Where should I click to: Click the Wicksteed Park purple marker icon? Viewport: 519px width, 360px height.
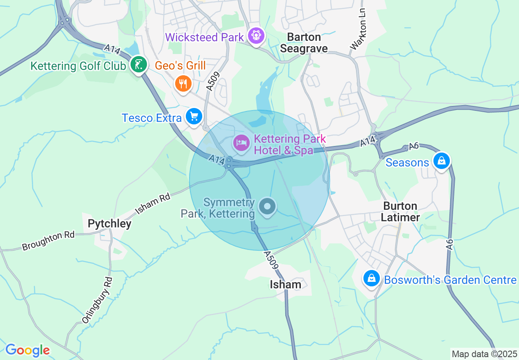pyautogui.click(x=256, y=36)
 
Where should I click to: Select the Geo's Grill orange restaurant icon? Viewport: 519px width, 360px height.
pyautogui.click(x=183, y=84)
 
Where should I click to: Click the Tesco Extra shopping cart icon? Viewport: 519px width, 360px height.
pyautogui.click(x=194, y=117)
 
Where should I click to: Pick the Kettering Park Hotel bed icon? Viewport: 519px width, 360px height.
pyautogui.click(x=241, y=143)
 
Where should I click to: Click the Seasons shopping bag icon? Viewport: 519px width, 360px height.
pyautogui.click(x=442, y=161)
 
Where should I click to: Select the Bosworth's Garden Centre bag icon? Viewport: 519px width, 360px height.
pyautogui.click(x=371, y=279)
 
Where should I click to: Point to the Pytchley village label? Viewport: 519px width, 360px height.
pyautogui.click(x=110, y=224)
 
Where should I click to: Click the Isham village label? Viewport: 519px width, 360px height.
pyautogui.click(x=285, y=284)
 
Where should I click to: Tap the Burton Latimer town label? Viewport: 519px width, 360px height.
pyautogui.click(x=400, y=211)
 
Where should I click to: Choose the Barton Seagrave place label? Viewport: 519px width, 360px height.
pyautogui.click(x=307, y=43)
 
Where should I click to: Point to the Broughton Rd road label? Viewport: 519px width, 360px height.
pyautogui.click(x=48, y=241)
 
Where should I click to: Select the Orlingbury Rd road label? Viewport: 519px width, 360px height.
pyautogui.click(x=97, y=300)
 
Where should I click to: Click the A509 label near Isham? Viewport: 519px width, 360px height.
pyautogui.click(x=271, y=260)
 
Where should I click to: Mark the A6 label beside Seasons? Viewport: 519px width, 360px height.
pyautogui.click(x=414, y=146)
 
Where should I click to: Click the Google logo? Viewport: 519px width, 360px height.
pyautogui.click(x=27, y=350)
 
